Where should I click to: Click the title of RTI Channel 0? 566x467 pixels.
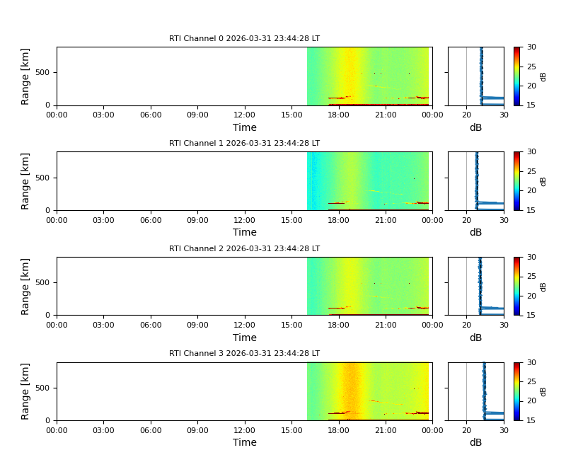(244, 39)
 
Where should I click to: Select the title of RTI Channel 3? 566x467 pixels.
(244, 354)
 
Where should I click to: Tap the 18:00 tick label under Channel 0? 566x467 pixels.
(338, 115)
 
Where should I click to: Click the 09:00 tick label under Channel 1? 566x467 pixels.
(197, 220)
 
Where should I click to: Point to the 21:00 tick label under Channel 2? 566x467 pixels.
(385, 325)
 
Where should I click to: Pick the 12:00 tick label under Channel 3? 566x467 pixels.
(244, 430)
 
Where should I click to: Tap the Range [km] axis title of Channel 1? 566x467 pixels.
(25, 181)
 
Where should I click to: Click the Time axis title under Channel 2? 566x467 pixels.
(244, 338)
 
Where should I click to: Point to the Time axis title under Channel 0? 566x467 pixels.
(244, 128)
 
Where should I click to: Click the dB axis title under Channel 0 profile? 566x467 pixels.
(475, 128)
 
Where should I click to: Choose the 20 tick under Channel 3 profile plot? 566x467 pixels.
(466, 430)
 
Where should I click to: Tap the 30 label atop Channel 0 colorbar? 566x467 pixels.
(531, 47)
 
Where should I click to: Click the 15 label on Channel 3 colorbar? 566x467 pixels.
(531, 420)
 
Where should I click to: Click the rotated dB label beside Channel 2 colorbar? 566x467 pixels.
(543, 286)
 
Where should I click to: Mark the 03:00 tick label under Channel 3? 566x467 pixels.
(103, 430)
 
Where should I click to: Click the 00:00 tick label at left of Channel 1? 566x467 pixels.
(57, 220)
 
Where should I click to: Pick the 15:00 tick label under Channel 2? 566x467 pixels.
(291, 325)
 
